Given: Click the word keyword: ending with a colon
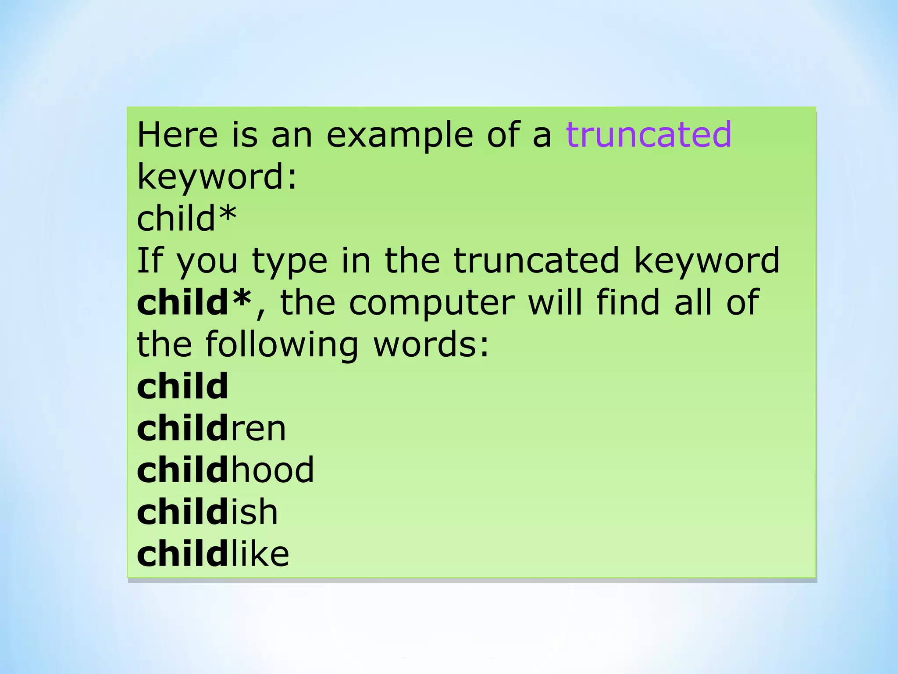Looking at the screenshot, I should [x=217, y=177].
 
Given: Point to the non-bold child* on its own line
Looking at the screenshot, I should [x=186, y=218].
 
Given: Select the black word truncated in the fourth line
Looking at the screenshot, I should [x=536, y=260].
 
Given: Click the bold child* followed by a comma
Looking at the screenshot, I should [x=194, y=302].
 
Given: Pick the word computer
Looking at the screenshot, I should [x=431, y=303].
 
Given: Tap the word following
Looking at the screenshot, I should [x=282, y=345].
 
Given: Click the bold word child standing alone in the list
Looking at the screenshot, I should [x=182, y=386].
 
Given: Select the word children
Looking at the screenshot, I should [x=211, y=428].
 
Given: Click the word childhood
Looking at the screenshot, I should [x=225, y=470].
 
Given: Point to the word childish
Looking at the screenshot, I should [x=207, y=512].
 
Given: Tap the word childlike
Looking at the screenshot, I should [x=213, y=554].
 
